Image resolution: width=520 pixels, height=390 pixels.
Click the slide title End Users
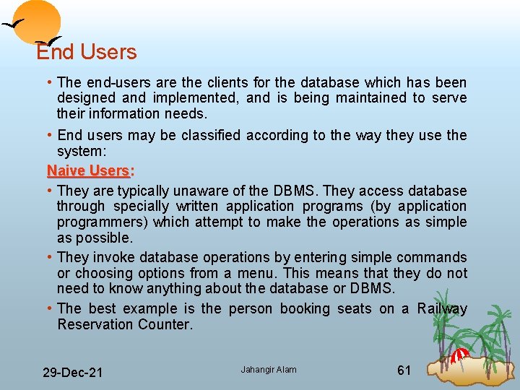pyautogui.click(x=87, y=52)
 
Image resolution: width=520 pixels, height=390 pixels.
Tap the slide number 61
pyautogui.click(x=404, y=370)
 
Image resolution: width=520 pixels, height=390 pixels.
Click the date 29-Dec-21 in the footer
pyautogui.click(x=72, y=373)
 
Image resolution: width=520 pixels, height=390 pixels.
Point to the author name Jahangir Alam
pyautogui.click(x=269, y=370)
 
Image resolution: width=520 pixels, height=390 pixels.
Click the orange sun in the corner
pyautogui.click(x=38, y=20)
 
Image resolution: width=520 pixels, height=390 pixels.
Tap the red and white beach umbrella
pyautogui.click(x=459, y=355)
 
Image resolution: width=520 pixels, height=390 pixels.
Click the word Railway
pyautogui.click(x=442, y=309)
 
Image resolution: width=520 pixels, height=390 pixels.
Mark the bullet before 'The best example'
pyautogui.click(x=49, y=308)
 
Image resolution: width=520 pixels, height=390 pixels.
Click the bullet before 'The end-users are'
pyautogui.click(x=49, y=82)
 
